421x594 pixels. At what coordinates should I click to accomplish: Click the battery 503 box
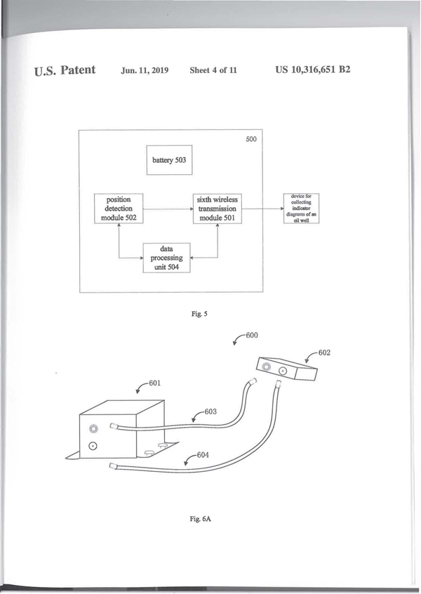click(x=169, y=160)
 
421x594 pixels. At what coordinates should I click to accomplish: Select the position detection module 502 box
click(x=118, y=209)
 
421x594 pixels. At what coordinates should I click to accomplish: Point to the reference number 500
click(x=250, y=140)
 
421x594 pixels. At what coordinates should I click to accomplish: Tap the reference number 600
click(x=250, y=336)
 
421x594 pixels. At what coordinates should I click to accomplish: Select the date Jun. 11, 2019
click(x=145, y=72)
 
